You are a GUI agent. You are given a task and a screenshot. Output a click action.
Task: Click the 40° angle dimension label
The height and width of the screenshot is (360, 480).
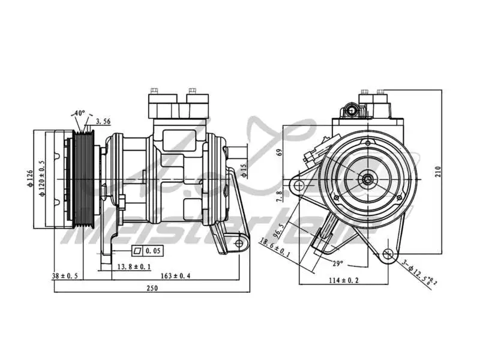pyautogui.click(x=79, y=113)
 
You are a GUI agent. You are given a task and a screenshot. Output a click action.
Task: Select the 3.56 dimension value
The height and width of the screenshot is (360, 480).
pyautogui.click(x=103, y=121)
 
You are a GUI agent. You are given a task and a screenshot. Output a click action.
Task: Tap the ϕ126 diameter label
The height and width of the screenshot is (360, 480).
pyautogui.click(x=29, y=179)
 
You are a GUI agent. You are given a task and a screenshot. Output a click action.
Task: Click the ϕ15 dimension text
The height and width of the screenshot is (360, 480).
pyautogui.click(x=244, y=171)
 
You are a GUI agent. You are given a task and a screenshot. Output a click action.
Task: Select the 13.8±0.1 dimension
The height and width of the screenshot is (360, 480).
pyautogui.click(x=134, y=266)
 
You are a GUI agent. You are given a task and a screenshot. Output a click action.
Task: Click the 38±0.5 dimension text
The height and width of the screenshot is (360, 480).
pyautogui.click(x=66, y=276)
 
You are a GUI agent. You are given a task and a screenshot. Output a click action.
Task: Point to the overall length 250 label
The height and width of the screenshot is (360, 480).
pyautogui.click(x=152, y=288)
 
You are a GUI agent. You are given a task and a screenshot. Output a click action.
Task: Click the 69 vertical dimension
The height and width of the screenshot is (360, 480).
pyautogui.click(x=278, y=152)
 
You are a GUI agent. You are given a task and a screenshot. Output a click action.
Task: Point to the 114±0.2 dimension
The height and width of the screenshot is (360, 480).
pyautogui.click(x=344, y=280)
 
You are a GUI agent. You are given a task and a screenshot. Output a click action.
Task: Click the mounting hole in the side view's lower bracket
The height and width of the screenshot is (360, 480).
pyautogui.click(x=239, y=243)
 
